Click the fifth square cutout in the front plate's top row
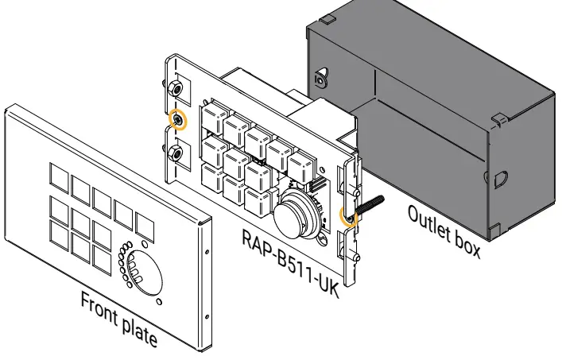pos(144,225)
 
